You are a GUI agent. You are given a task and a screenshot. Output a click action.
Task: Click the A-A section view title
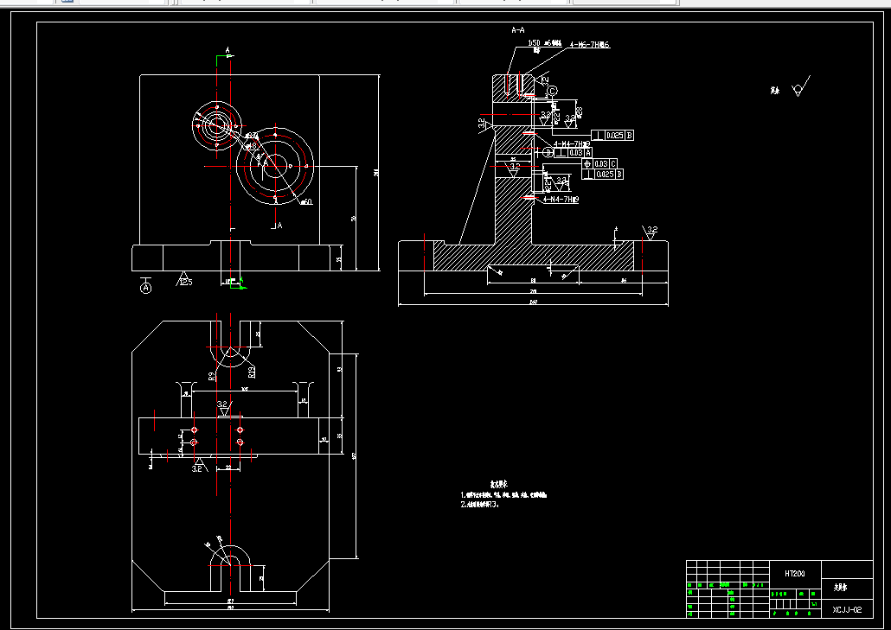[x=518, y=30]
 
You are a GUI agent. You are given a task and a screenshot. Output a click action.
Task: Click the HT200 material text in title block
[x=794, y=573]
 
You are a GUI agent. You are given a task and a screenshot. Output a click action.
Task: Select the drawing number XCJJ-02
[x=847, y=609]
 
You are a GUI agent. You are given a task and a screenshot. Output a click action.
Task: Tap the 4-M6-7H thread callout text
[x=589, y=44]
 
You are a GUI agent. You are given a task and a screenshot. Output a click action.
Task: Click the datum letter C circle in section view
[x=552, y=90]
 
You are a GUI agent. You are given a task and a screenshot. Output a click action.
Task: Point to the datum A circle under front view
[x=145, y=286]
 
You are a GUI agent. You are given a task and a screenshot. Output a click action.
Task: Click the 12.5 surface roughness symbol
[x=185, y=279]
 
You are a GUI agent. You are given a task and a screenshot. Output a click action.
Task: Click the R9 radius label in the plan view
[x=212, y=376]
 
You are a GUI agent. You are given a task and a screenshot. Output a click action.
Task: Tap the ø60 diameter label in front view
[x=305, y=202]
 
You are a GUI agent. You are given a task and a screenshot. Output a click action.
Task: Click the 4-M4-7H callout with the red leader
[x=561, y=200]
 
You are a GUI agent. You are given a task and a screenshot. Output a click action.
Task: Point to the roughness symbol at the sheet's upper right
[x=801, y=87]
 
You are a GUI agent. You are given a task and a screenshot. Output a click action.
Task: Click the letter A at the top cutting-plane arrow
[x=228, y=51]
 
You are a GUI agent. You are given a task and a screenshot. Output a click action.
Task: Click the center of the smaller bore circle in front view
[x=215, y=125]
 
